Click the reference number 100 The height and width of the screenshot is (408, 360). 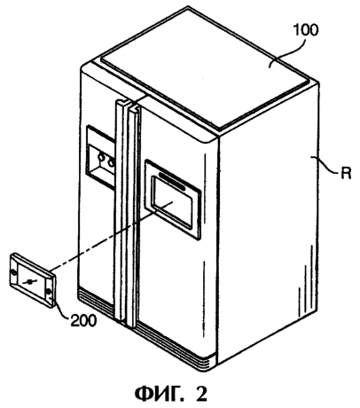tap(306, 31)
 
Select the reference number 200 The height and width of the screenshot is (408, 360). tap(83, 320)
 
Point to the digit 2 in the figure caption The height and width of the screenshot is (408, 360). tap(202, 394)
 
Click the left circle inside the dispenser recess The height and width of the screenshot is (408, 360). tap(102, 158)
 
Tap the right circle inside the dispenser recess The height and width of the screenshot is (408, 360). tap(111, 161)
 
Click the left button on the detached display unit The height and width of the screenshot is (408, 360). tap(13, 272)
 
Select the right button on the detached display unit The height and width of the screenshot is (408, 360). tap(49, 293)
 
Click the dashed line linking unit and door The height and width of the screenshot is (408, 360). tap(113, 235)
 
